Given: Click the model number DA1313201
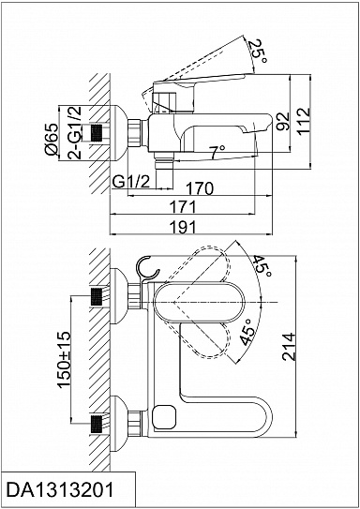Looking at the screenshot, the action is point(60,490).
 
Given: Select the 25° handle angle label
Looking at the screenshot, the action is point(258,52).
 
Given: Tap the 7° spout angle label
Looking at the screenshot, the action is point(217,152).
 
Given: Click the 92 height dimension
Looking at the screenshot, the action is point(284,121).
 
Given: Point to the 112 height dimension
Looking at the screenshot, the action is point(304,122).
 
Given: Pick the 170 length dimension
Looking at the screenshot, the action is point(200,188).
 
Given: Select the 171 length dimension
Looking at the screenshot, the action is point(183,207).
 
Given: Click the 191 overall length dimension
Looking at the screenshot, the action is point(183,227).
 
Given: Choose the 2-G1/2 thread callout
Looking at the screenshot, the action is point(74,132).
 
